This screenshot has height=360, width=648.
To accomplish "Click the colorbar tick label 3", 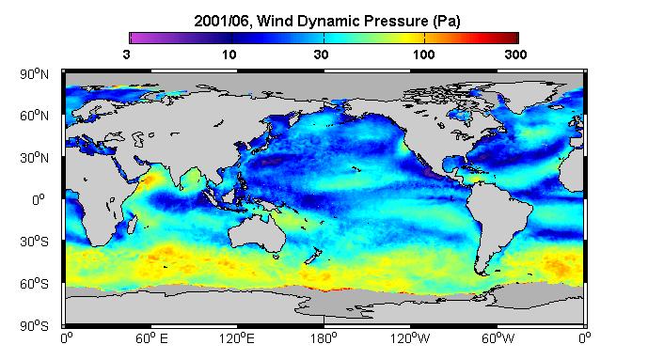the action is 126,55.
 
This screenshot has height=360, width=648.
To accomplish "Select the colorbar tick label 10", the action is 229,55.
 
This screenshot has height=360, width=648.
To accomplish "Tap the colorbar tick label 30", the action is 321,55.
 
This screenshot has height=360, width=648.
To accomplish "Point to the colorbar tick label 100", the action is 423,55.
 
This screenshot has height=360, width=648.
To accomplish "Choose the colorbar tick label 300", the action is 515,55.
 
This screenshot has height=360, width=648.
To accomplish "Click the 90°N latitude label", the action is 34,74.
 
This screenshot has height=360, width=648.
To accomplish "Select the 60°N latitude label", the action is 34,116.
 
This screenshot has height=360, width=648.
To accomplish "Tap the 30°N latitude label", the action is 34,158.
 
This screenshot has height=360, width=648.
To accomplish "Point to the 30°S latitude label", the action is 34,242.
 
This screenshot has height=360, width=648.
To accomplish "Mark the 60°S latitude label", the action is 34,284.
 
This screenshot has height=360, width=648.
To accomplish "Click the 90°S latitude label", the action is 34,326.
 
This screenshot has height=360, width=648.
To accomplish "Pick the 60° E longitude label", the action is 151,338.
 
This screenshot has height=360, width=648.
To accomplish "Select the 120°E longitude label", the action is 237,338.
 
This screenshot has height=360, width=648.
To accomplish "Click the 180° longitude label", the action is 324,338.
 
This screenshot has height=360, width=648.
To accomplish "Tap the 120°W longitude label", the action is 410,338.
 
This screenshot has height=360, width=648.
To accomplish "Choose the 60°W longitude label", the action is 498,338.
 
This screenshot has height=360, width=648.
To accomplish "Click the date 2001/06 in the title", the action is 222,21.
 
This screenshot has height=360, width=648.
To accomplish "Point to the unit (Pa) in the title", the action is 447,21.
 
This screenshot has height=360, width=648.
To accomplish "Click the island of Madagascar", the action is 132,224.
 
